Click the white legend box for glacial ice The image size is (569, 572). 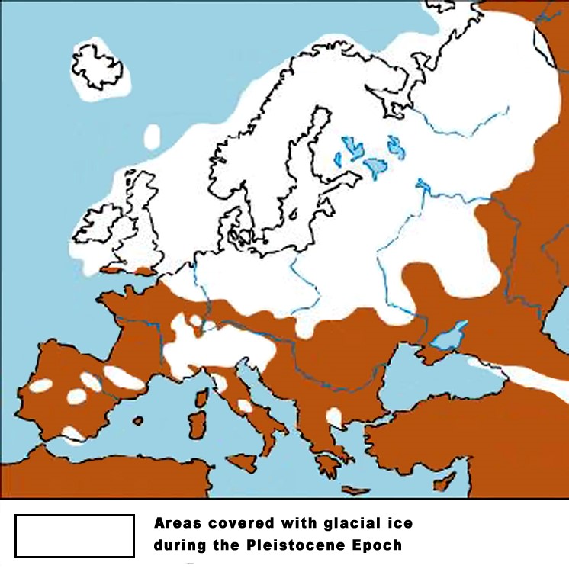(75, 535)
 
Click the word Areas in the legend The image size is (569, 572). (177, 523)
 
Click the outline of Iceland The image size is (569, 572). (98, 68)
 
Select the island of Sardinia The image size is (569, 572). (197, 424)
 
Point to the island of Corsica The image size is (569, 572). (202, 398)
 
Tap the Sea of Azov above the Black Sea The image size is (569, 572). (449, 334)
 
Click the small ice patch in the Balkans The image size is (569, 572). (334, 416)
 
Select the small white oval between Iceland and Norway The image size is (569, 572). (153, 136)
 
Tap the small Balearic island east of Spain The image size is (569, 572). (138, 420)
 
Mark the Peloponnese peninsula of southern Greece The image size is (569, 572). (329, 464)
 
